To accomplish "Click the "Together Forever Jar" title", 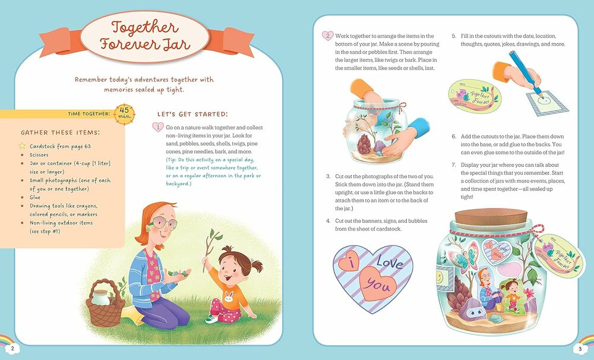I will point(144,36).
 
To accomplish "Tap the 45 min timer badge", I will point(125,112).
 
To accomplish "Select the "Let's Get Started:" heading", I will point(192,114).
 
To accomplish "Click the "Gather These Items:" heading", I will point(61,132).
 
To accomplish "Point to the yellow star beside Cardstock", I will point(22,146).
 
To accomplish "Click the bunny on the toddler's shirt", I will point(228,295).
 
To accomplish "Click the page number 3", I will point(580,348).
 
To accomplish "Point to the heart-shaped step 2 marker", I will point(327,36).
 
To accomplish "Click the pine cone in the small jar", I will point(363,143).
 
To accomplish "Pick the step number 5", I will point(453,36).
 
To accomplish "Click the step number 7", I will point(453,165).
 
